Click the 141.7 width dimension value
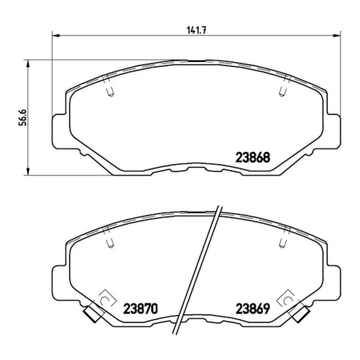pos(197,30)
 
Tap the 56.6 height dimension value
pos(22,118)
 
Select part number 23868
pos(253,158)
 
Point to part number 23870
pos(141,308)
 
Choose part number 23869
pos(253,308)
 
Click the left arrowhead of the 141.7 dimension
pos(56,35)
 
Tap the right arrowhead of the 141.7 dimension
pos(337,35)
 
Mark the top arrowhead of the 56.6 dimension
pos(28,64)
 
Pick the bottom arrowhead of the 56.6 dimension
pos(28,171)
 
